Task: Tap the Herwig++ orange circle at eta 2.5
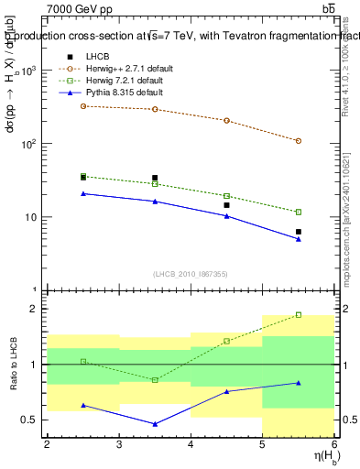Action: tap(83, 106)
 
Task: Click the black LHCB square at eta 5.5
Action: tap(299, 232)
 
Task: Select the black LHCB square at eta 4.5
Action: tap(226, 205)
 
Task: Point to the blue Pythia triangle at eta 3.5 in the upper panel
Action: tap(155, 202)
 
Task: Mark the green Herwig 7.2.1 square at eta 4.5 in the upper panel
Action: tap(226, 196)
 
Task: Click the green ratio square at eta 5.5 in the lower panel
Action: tap(299, 315)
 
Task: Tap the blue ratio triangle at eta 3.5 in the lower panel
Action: tap(155, 424)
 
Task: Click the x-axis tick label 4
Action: tap(191, 444)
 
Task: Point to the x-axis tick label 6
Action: tap(334, 444)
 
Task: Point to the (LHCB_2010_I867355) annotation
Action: tap(190, 274)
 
